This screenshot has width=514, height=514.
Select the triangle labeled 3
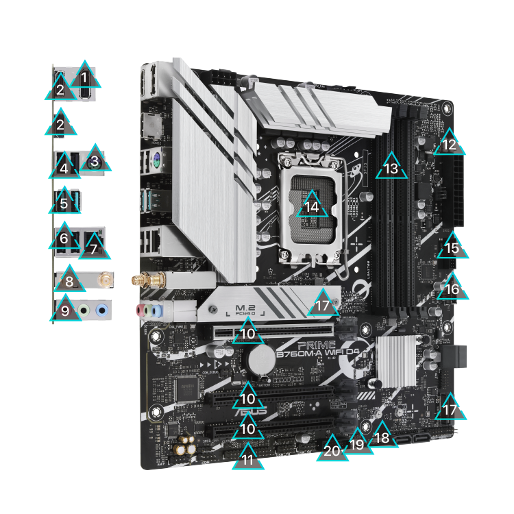95,160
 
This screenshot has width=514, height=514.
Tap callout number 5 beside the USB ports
64,203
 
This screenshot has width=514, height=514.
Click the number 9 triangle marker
64,310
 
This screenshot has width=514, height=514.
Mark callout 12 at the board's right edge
449,144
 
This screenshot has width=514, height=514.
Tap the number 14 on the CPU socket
312,206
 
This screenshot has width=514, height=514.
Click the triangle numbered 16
452,289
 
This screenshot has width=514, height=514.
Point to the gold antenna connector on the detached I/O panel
106,280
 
